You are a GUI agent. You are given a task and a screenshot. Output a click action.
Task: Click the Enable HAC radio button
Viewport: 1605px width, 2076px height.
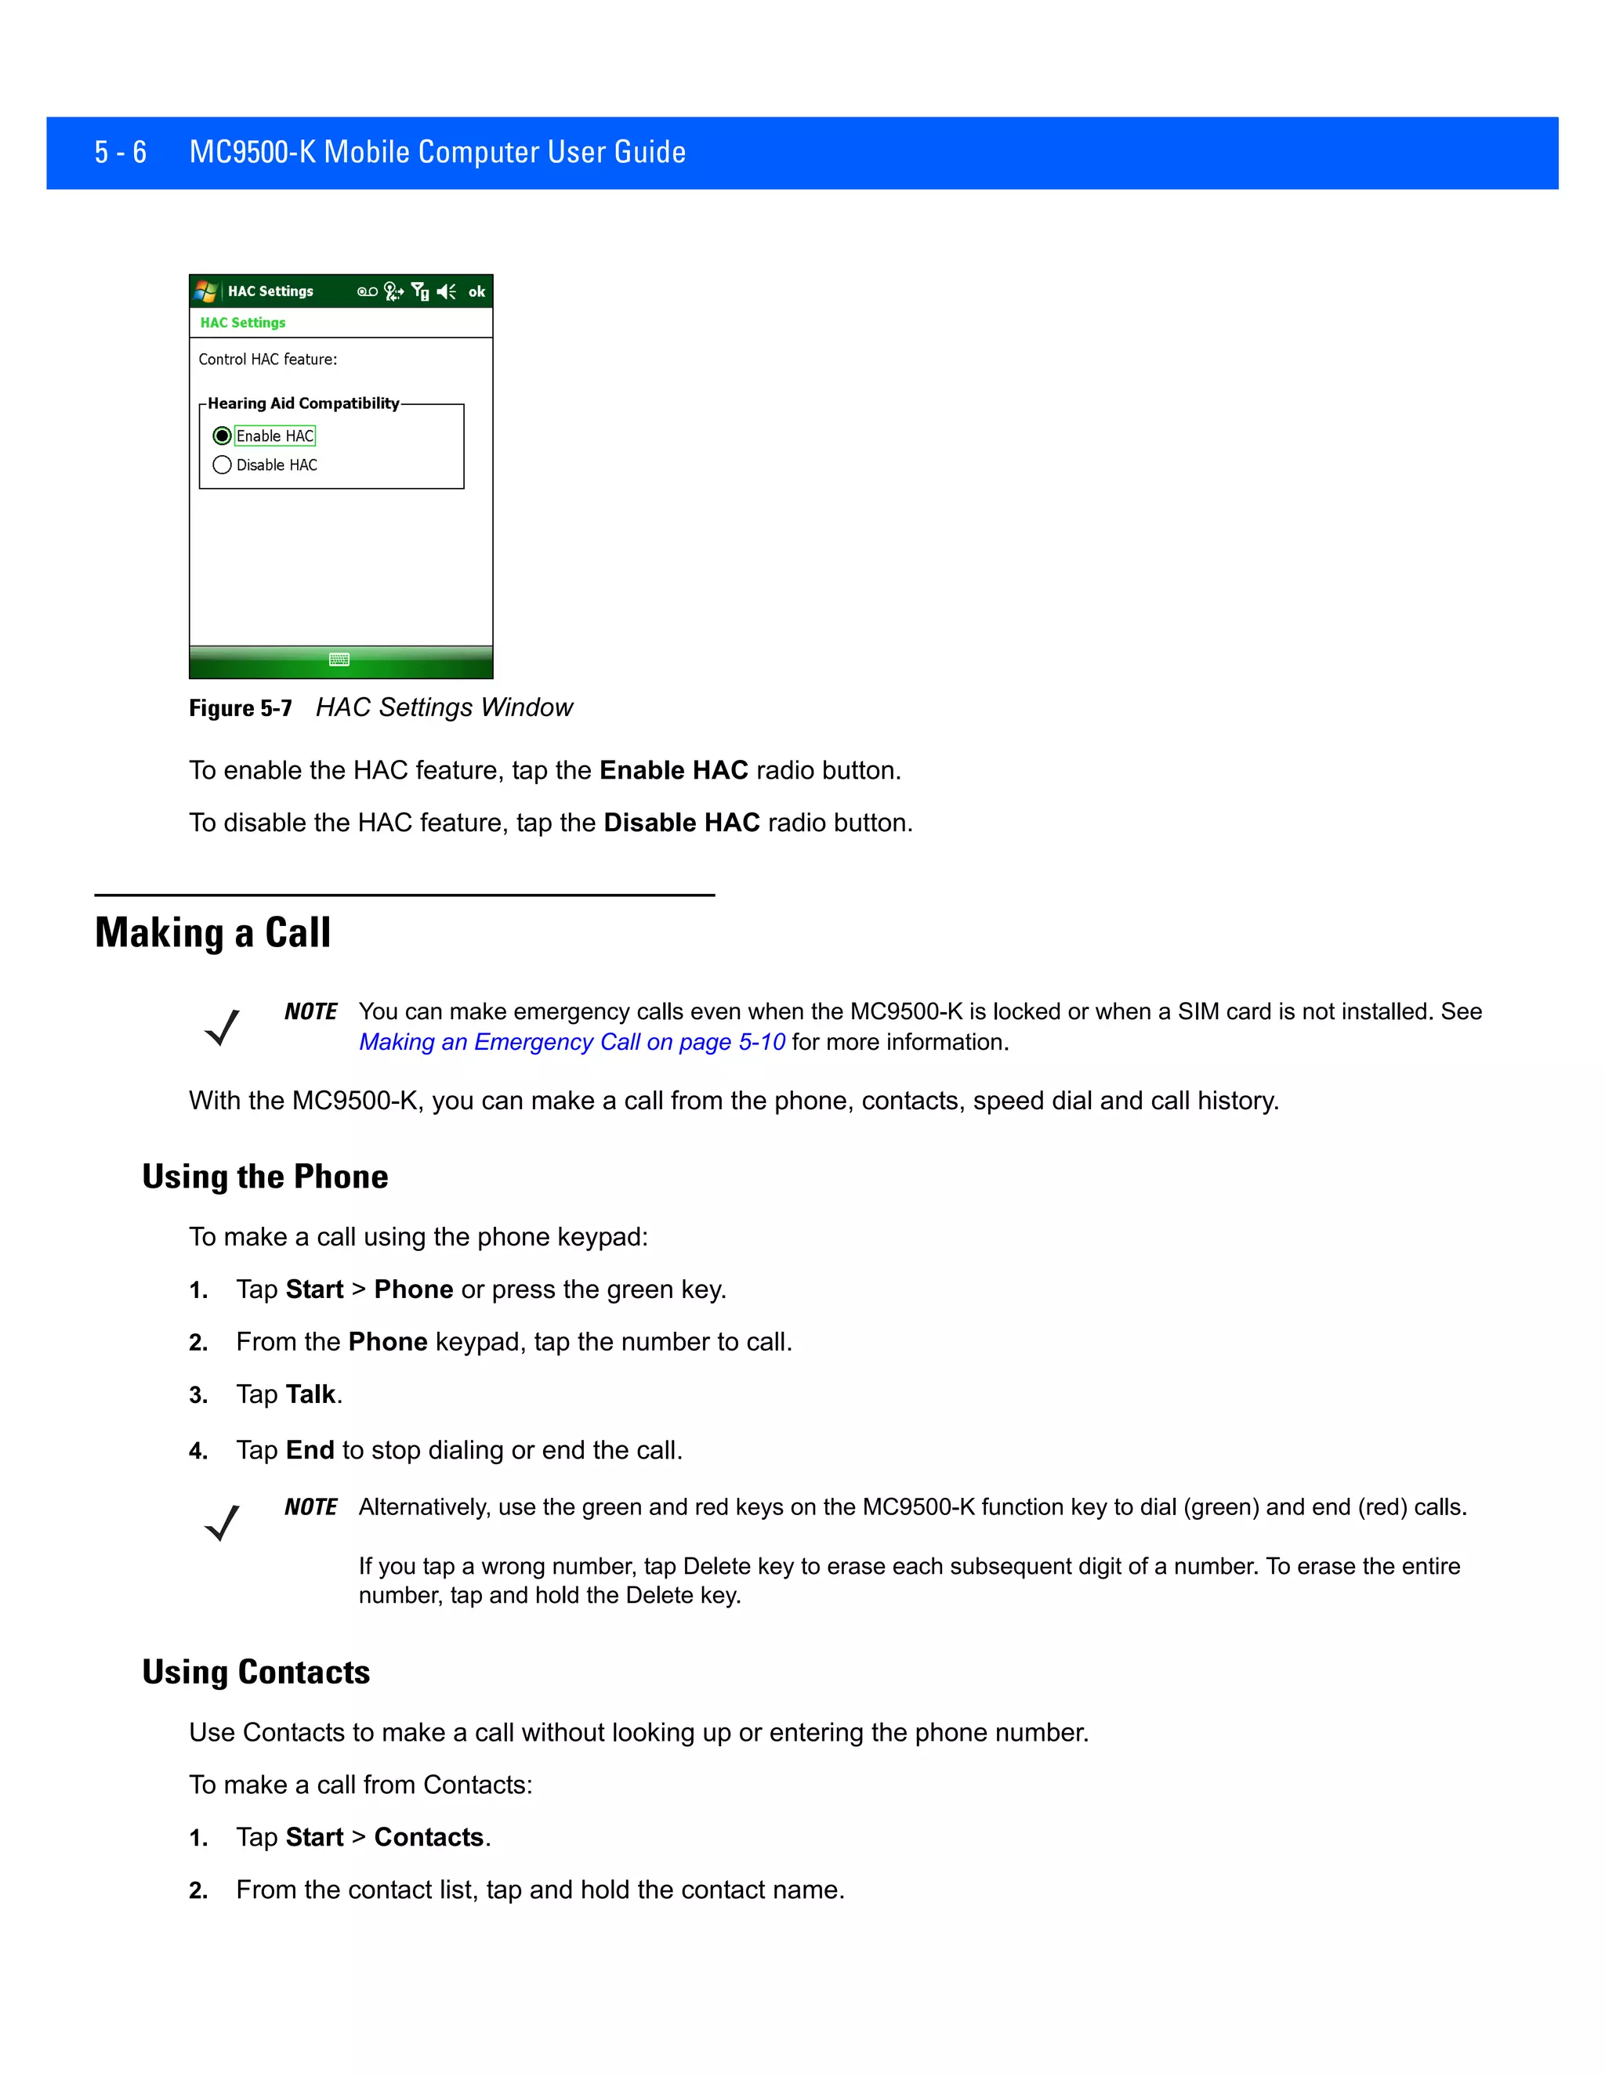223,436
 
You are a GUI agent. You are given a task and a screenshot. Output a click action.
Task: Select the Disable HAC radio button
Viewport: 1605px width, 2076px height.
223,465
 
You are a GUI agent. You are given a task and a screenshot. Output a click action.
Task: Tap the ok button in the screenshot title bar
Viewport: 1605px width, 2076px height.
476,292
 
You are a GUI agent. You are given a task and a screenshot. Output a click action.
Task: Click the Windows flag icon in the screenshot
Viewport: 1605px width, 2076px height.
205,291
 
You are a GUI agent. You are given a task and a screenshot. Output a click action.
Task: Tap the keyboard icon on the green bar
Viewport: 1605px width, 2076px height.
339,660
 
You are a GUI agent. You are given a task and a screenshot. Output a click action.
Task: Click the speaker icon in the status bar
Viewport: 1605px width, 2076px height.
446,292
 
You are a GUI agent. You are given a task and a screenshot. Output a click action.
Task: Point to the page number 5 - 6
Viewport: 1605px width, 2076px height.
120,152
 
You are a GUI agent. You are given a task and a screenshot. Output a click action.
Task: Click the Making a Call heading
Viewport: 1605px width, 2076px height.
213,932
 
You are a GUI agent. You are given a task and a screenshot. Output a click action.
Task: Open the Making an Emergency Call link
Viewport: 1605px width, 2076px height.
571,1042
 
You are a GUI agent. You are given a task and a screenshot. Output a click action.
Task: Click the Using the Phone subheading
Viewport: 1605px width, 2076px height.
266,1177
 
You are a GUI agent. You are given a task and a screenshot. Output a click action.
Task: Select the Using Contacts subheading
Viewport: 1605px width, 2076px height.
255,1672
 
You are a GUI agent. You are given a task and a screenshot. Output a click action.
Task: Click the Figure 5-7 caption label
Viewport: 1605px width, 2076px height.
241,708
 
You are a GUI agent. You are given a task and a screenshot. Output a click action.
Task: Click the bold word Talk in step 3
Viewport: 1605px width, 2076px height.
311,1394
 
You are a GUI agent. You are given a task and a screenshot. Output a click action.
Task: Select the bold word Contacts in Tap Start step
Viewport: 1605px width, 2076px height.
429,1837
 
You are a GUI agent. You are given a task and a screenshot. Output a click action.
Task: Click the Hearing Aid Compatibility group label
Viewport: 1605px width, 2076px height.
303,403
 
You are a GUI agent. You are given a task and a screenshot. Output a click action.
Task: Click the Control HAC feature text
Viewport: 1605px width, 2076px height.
267,360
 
